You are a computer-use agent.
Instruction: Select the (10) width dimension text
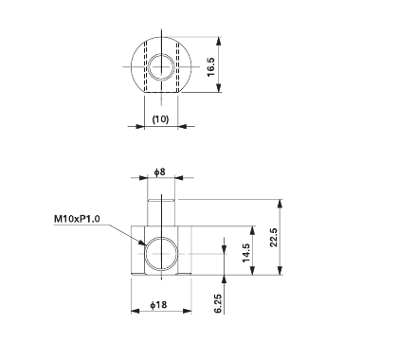pos(161,119)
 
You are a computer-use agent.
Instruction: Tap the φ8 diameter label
pos(161,172)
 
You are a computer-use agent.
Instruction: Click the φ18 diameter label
pos(161,305)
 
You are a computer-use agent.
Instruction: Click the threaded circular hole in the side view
pos(161,254)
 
